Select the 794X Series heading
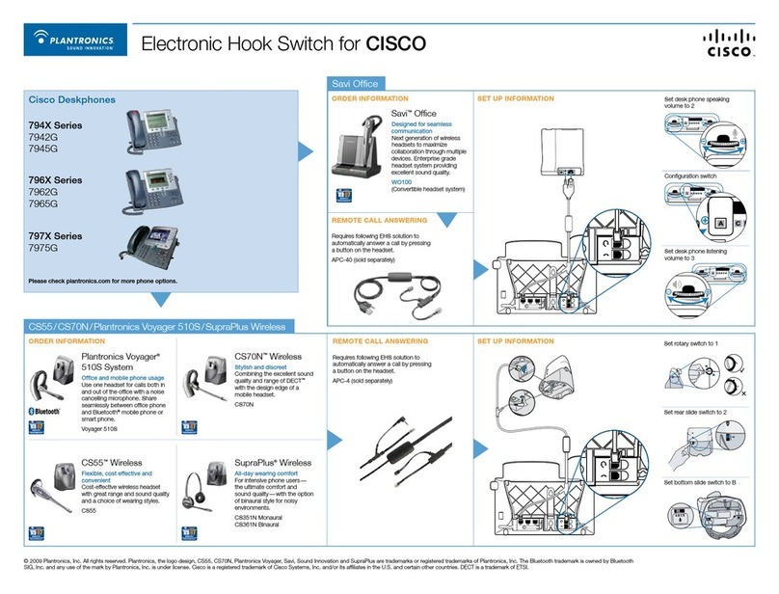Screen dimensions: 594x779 click(x=55, y=125)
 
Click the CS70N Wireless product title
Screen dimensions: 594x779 click(x=274, y=356)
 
